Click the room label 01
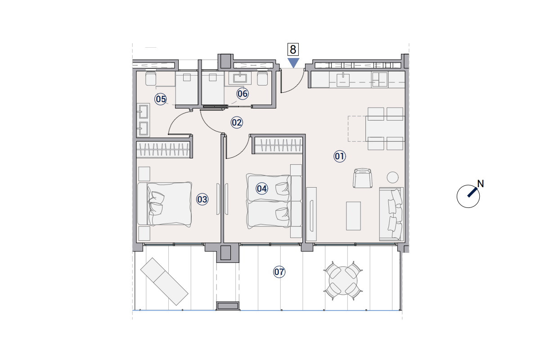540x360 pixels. pos(340,156)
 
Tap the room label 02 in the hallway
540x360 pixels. pos(237,122)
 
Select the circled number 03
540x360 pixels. pos(202,199)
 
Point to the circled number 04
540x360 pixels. pos(261,189)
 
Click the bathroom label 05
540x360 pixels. pos(161,99)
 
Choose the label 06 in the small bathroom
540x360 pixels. pos(242,94)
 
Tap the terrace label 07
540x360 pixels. pos(279,272)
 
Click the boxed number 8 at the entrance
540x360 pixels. pos(293,49)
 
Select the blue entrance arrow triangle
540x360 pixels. pos(293,63)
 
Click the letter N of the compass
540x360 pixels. pos(481,184)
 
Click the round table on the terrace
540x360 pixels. pos(343,281)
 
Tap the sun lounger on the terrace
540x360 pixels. pos(164,282)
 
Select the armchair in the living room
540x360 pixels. pos(362,178)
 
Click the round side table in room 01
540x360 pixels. pos(392,177)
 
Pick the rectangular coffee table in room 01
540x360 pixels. pos(353,216)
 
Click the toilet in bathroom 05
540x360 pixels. pos(150,78)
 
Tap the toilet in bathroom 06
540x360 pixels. pos(262,78)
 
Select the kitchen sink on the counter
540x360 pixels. pos(343,80)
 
